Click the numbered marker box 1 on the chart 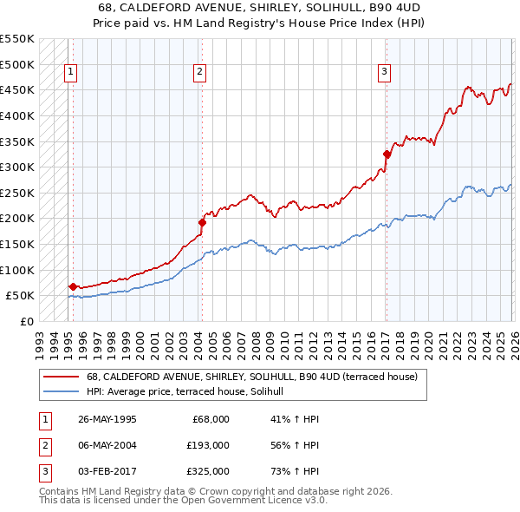[x=70, y=72]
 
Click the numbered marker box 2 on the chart [x=199, y=72]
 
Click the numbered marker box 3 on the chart [x=384, y=72]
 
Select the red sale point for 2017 [x=387, y=154]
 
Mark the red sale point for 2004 [x=202, y=222]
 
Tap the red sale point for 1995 [x=73, y=286]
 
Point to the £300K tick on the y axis [x=17, y=167]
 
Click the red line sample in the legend [x=61, y=377]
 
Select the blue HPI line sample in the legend [x=61, y=392]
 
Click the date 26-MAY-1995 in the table [x=107, y=419]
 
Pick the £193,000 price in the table [x=209, y=445]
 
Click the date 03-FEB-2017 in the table [x=107, y=471]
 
